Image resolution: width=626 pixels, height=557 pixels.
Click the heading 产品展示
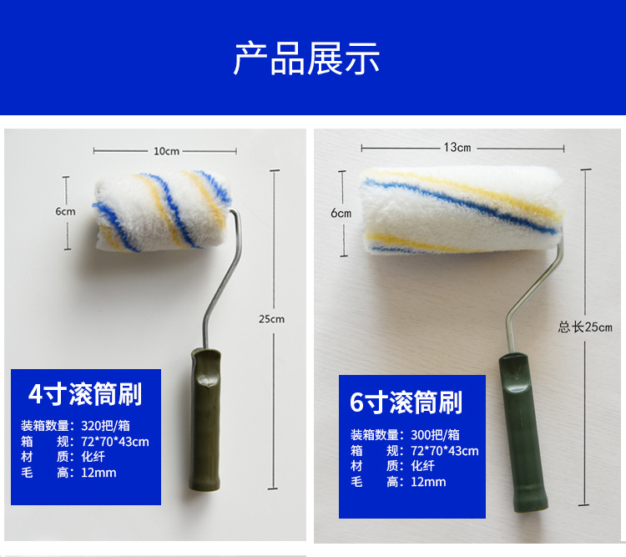click(x=306, y=58)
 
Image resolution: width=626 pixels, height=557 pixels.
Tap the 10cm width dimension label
click(x=165, y=151)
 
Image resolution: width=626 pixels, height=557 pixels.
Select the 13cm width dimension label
click(x=457, y=148)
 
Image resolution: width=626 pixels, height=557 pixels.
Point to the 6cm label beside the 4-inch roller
click(x=65, y=211)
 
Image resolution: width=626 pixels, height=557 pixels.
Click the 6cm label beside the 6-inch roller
click(x=341, y=213)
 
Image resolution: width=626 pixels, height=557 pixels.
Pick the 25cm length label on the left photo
click(x=271, y=319)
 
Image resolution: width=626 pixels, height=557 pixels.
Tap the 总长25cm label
click(x=585, y=327)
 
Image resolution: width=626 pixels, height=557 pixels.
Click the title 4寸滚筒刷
click(x=85, y=394)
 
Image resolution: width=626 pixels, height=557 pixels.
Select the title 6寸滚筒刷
click(x=406, y=403)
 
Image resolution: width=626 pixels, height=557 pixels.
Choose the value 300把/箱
click(x=435, y=434)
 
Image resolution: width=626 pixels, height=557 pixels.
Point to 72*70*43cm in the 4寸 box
click(x=114, y=441)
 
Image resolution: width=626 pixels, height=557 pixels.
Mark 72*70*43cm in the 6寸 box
click(x=444, y=450)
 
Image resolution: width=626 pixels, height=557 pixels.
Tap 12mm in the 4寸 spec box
click(x=99, y=473)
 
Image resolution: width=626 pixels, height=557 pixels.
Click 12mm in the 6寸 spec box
click(x=428, y=482)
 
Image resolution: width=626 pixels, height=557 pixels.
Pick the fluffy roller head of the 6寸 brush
click(x=462, y=210)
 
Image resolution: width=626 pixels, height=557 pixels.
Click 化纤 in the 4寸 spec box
click(x=93, y=457)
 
